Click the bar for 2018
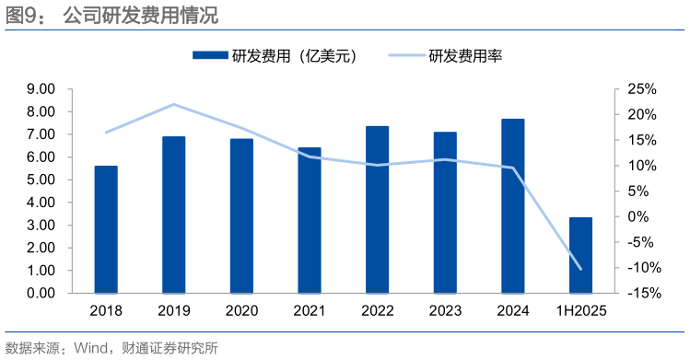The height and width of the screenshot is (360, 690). point(106,229)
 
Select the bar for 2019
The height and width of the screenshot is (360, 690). point(173,215)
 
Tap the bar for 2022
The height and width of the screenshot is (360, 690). point(377,209)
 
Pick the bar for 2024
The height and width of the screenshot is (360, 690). point(512,205)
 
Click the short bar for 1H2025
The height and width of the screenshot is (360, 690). point(580,255)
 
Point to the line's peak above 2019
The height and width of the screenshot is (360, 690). point(174,104)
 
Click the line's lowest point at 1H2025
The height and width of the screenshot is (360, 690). point(580,269)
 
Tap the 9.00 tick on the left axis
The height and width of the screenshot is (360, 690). point(41,89)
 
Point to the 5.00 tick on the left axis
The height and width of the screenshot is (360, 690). point(41,180)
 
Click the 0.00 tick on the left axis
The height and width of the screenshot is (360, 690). point(41,293)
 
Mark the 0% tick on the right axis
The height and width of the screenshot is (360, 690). point(643,216)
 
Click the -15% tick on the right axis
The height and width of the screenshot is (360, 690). point(638,293)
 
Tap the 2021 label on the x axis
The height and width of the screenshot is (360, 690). point(309,311)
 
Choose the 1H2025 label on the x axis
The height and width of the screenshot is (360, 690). point(580,311)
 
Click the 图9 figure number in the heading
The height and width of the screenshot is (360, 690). point(23,16)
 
